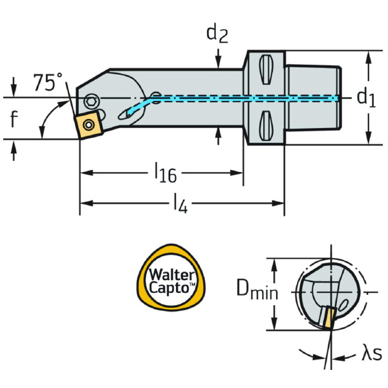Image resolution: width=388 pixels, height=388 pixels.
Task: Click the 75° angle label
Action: coord(48,83)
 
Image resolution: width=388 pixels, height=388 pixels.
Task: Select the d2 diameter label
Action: coord(217,34)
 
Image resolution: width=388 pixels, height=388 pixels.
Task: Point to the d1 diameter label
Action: coord(366,98)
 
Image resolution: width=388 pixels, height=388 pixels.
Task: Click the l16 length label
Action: coord(166,172)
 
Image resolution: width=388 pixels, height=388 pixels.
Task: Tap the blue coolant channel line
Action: coord(246,98)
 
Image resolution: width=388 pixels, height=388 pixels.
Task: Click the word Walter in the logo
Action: coord(171,273)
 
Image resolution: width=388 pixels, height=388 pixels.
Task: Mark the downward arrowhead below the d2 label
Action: coord(219,63)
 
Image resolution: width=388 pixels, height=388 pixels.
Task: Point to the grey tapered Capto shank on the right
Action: coord(312,97)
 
